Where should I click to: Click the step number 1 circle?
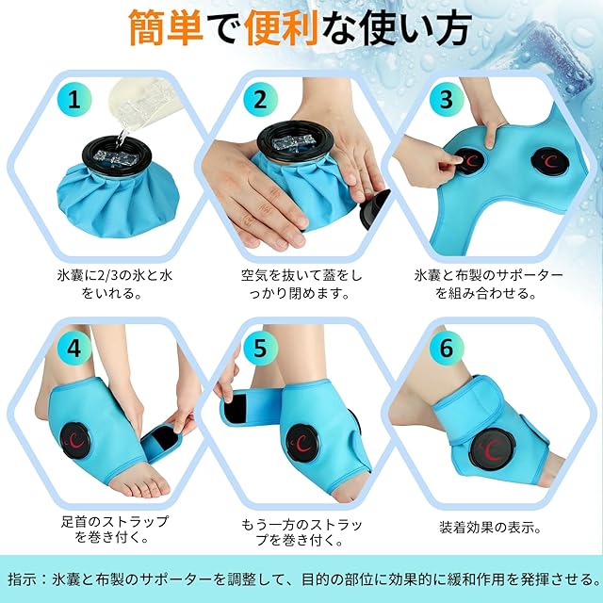point(74,100)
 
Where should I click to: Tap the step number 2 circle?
point(260,100)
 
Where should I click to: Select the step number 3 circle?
point(447,100)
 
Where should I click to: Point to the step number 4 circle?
point(74,348)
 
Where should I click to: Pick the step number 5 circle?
point(260,348)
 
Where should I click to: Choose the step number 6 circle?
point(447,348)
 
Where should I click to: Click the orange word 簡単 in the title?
point(166,27)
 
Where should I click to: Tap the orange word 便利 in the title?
point(282,27)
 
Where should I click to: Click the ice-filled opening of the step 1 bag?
point(117,155)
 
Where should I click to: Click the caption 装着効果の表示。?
point(490,527)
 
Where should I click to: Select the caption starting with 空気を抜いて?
point(301,285)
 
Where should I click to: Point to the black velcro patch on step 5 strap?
point(236,408)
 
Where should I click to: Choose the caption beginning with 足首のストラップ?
point(115,530)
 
